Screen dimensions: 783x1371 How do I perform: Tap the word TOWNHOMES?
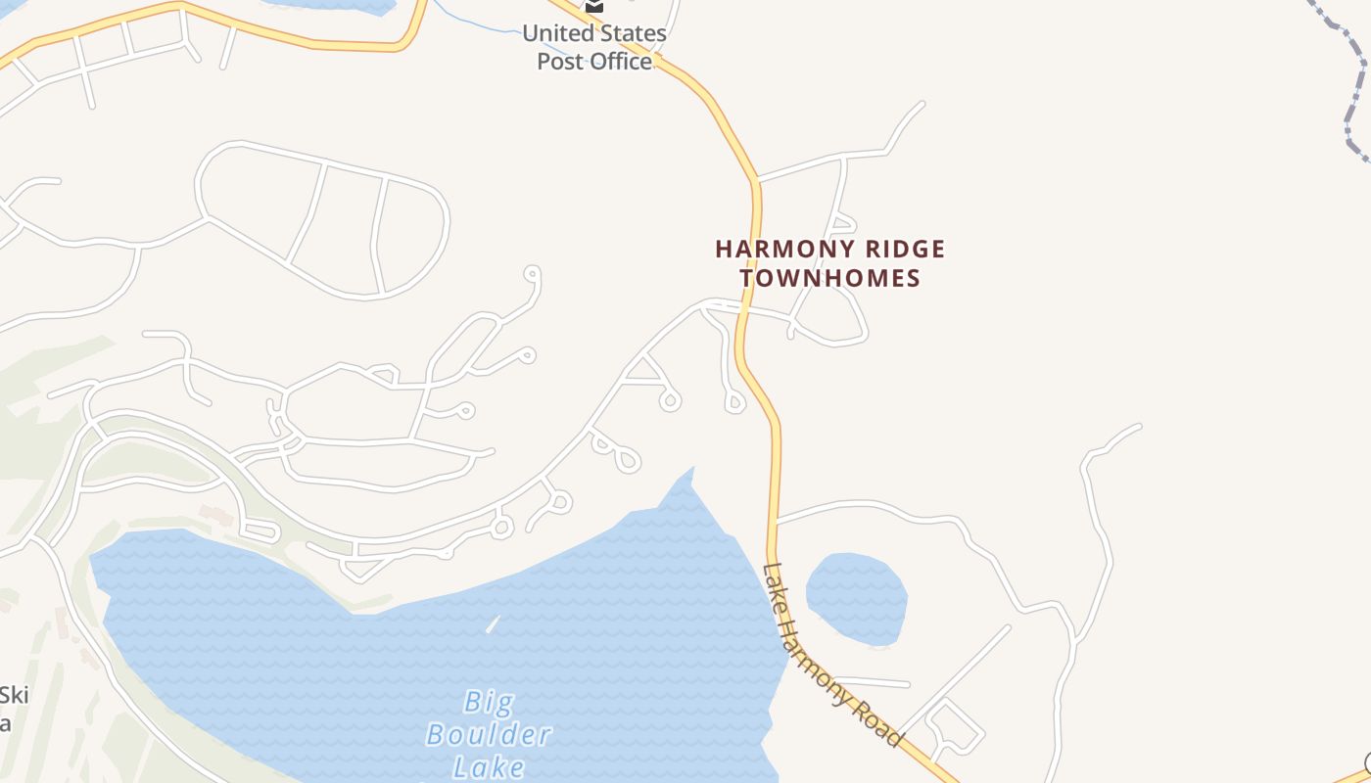coord(830,278)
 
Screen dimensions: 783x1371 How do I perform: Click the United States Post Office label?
coord(594,47)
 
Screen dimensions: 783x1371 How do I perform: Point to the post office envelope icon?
coord(593,6)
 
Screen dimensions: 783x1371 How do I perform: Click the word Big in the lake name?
coord(489,702)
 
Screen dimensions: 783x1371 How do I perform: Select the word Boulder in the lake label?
coord(489,734)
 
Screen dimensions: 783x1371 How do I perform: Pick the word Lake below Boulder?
coord(489,766)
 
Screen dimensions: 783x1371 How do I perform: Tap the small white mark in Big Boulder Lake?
coord(493,624)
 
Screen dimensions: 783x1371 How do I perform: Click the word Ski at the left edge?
coord(14,696)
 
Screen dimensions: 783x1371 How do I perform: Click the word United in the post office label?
coord(557,33)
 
